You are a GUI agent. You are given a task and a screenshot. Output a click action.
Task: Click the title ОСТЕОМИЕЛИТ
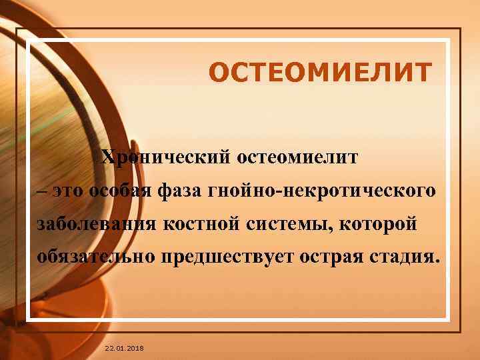320,72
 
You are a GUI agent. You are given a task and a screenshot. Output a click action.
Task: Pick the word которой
382,224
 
